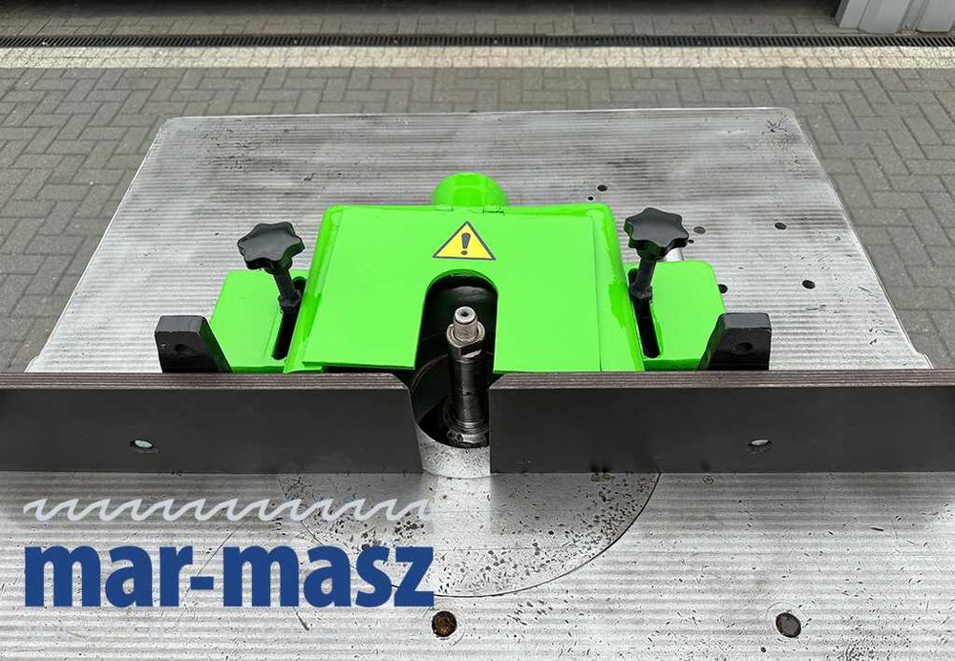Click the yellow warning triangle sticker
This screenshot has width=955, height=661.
(x=464, y=243)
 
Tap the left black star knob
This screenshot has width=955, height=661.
(x=270, y=245)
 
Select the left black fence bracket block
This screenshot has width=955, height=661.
(x=184, y=344)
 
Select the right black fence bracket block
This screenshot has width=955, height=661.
(x=738, y=341)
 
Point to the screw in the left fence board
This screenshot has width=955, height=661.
(x=142, y=445)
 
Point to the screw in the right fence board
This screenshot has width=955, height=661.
(x=759, y=444)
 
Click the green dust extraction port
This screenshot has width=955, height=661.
(x=470, y=191)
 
